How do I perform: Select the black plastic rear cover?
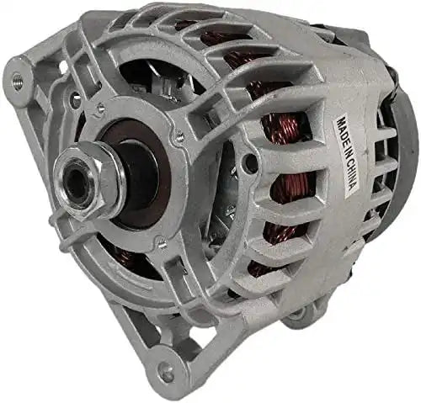click(402, 168)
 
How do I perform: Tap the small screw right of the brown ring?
click(179, 135)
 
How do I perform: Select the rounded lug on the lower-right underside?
click(296, 316)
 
